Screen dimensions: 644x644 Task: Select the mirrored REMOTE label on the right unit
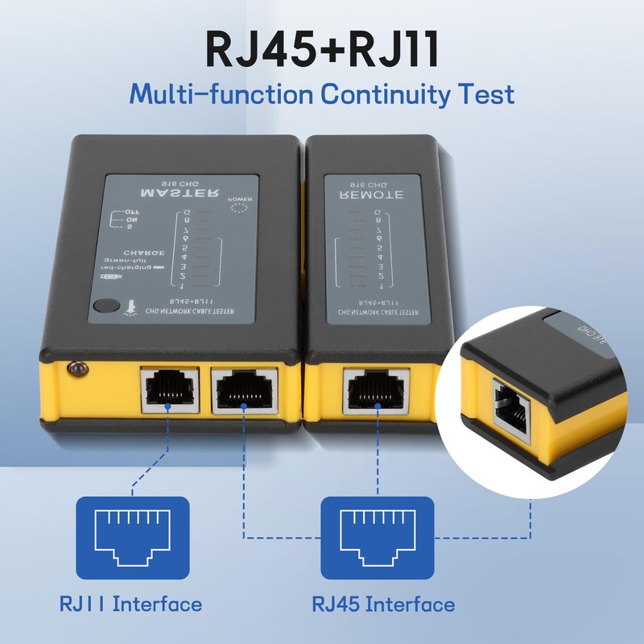[371, 194]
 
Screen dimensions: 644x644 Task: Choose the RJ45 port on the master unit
[245, 390]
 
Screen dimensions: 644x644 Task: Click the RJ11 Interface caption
[130, 603]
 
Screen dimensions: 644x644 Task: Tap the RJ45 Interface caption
[383, 603]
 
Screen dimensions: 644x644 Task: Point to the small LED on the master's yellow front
[76, 369]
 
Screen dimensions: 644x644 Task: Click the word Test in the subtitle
[485, 94]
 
